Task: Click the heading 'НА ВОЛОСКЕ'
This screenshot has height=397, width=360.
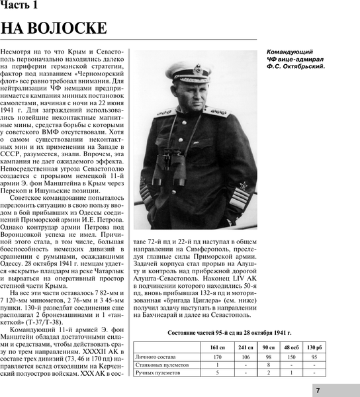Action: click(x=54, y=29)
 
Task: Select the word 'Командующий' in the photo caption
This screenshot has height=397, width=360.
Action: click(x=290, y=52)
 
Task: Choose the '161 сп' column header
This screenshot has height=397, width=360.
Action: click(x=218, y=347)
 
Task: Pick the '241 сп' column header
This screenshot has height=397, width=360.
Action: click(x=246, y=347)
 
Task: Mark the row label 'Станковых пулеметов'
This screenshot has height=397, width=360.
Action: click(x=162, y=365)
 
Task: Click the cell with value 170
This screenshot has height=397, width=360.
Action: click(x=218, y=357)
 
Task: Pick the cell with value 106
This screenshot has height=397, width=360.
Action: click(x=246, y=357)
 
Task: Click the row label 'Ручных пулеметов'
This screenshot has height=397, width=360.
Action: click(x=158, y=373)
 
